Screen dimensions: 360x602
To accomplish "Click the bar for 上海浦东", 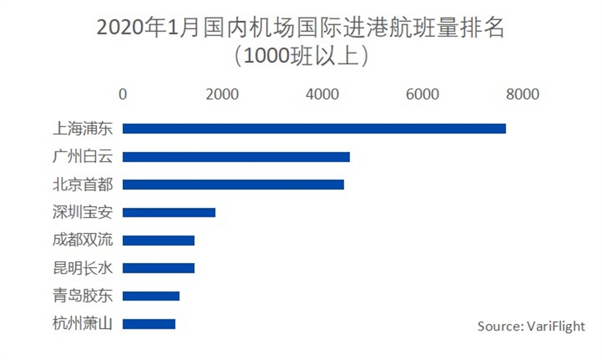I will coord(314,128).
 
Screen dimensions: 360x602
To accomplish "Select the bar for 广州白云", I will coord(236,157).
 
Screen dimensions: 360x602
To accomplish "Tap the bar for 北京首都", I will coord(233,185).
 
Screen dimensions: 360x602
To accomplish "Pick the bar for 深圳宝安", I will coord(169,213).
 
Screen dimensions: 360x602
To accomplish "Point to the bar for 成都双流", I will coord(159,240).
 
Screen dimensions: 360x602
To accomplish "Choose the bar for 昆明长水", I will coord(159,268).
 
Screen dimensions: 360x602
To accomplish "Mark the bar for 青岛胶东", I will coord(151,296).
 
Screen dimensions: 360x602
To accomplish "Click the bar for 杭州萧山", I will coord(149,324).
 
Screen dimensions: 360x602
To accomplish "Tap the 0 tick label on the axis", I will coord(122,94).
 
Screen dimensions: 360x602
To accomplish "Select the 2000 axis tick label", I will coord(222,94).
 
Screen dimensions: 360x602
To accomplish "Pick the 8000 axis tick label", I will coord(522,94).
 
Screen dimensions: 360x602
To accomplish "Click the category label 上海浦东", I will coord(82,128).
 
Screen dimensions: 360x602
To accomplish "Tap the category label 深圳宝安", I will coord(82,213).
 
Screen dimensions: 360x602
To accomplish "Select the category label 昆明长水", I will coord(82,268).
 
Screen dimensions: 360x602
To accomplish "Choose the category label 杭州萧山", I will coord(82,324).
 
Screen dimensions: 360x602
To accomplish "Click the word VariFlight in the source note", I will coord(557,326).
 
